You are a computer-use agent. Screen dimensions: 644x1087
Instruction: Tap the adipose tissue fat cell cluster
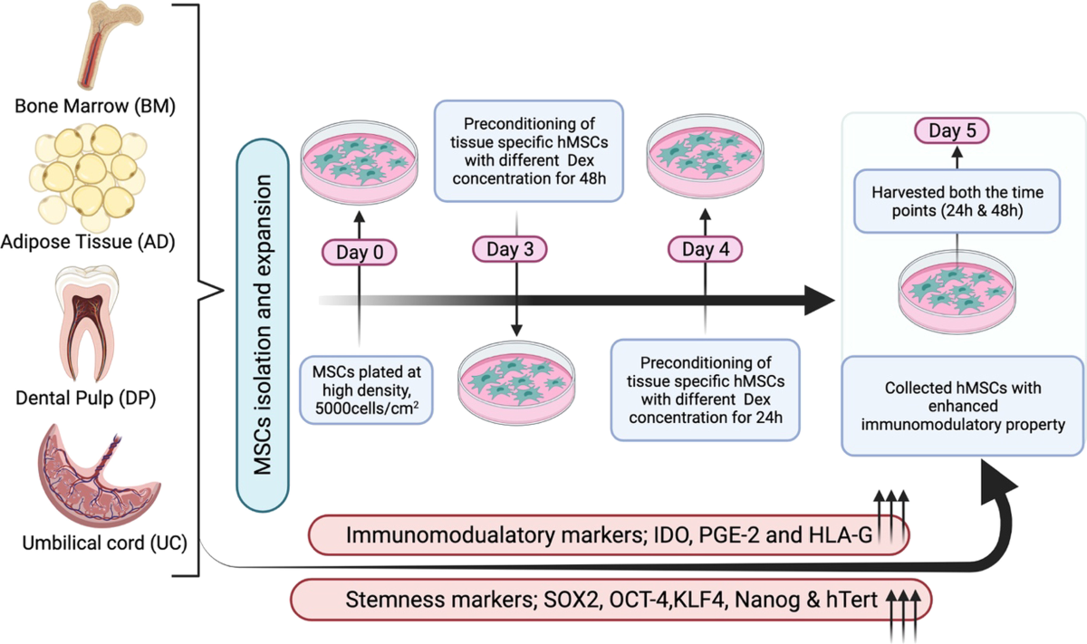coord(89,168)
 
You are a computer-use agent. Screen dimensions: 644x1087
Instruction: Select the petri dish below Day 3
coord(515,379)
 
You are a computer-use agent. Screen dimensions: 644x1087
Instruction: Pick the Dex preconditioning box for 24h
coord(705,389)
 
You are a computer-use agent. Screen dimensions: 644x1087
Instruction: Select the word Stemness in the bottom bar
coord(380,601)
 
